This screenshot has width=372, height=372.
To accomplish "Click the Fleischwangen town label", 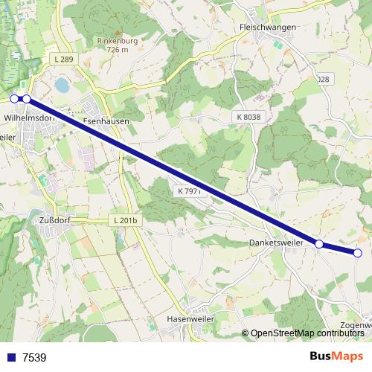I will tap(268, 27).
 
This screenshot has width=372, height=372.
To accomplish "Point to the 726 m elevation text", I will tap(114, 49).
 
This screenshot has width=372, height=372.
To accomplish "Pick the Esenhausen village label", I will tap(106, 121).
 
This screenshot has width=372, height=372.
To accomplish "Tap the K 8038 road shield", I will tap(248, 117).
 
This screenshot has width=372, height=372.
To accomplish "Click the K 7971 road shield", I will tap(190, 191).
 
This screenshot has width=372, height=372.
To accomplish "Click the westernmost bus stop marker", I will tap(14, 98).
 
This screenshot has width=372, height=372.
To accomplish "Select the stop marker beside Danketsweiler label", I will tap(319, 244).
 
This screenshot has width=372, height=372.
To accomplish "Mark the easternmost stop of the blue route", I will tap(358, 253).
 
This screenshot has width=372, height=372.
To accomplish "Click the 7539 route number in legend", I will tap(34, 357).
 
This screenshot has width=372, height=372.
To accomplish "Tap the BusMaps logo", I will tap(336, 356).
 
